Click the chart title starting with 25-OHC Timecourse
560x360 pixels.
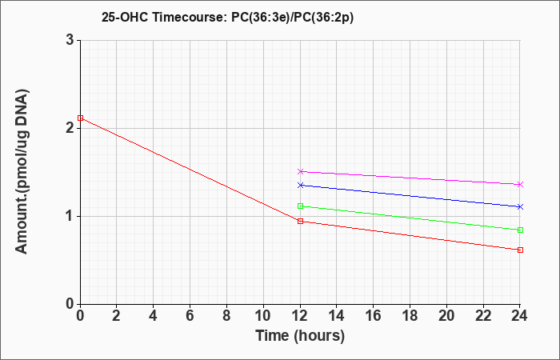227,18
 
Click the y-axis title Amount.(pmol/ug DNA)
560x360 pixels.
22,172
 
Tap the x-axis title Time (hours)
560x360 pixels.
300,336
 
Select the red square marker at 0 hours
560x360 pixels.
80,118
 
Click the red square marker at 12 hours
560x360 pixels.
300,221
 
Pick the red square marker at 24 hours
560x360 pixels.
520,250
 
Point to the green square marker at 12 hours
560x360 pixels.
300,206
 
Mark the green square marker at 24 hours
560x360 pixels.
520,230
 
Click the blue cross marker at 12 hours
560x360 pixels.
300,185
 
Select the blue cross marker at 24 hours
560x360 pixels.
520,206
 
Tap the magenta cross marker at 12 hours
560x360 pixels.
300,171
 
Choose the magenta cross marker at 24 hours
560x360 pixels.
520,184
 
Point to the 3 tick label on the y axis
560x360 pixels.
70,40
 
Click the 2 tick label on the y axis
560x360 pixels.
70,128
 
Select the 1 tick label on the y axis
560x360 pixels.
70,216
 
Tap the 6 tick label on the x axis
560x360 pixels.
190,316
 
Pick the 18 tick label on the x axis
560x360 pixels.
410,316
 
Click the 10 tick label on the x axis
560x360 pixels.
263,316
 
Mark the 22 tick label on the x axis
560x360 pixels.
483,316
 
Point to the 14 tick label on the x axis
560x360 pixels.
337,316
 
